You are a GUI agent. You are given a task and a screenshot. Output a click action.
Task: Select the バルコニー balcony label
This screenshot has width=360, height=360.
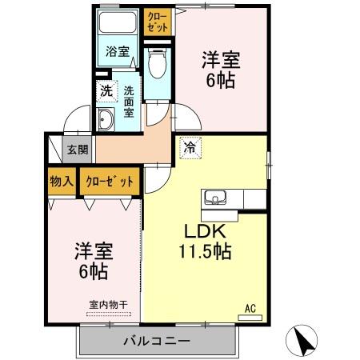tap(157, 341)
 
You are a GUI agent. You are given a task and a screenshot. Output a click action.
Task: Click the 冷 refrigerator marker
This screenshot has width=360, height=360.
tap(190, 146)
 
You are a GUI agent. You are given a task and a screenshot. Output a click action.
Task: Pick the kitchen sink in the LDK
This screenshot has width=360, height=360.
tap(217, 198)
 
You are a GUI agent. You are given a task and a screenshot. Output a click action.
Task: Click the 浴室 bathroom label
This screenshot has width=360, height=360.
tap(118, 52)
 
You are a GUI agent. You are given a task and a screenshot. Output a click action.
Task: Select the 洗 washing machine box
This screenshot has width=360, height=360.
tap(106, 90)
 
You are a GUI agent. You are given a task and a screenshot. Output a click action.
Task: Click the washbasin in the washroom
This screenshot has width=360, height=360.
tap(106, 121)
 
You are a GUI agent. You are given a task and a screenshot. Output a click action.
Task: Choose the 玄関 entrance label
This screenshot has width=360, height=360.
tap(78, 150)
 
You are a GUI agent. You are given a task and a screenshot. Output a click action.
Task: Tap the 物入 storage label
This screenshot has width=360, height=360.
tap(62, 182)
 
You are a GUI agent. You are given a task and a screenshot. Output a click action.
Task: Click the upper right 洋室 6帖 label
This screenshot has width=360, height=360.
tap(220, 70)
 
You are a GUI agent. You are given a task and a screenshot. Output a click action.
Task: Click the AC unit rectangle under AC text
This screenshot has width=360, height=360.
tap(250, 318)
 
